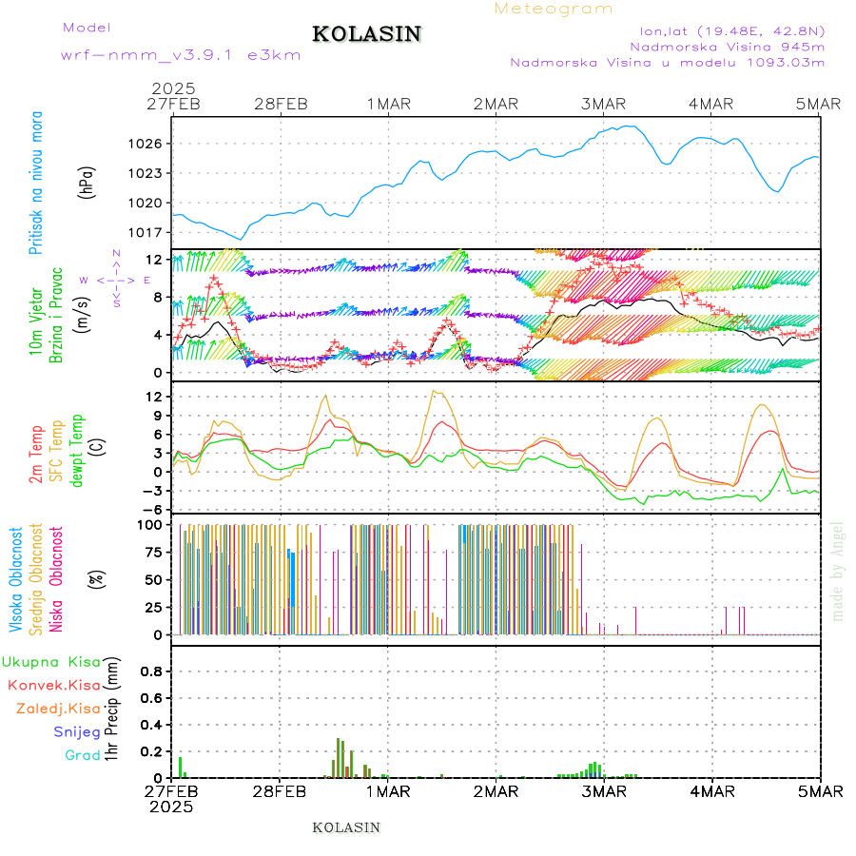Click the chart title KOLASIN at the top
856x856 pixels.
click(x=366, y=34)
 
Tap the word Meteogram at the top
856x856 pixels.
click(x=554, y=9)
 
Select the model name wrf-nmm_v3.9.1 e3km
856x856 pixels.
click(x=181, y=55)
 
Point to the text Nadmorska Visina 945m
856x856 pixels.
click(x=728, y=46)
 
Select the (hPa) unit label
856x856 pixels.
click(x=88, y=182)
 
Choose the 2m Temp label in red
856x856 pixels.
click(x=36, y=455)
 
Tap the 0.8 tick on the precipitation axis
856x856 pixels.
click(x=150, y=671)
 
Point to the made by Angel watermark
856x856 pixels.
click(x=837, y=571)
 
